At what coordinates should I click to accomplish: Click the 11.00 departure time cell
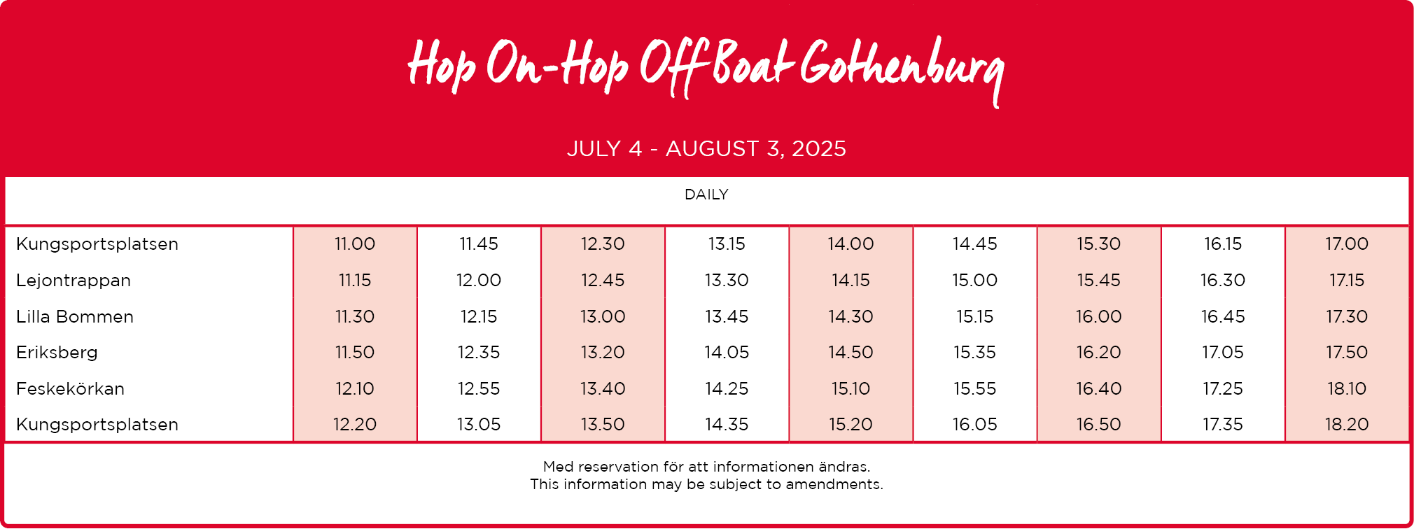pos(355,244)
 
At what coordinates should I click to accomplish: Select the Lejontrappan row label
pos(73,281)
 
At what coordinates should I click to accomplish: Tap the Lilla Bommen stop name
pos(75,317)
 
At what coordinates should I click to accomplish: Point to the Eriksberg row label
pos(57,353)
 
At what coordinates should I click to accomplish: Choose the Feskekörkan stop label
pos(70,389)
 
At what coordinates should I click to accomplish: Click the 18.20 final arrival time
pos(1347,425)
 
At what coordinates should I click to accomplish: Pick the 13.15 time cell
pos(727,244)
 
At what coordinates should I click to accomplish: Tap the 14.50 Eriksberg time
pos(850,353)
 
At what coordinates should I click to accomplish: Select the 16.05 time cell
pos(974,425)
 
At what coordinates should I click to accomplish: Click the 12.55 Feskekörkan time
pos(479,389)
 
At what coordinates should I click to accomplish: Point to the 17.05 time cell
pos(1223,353)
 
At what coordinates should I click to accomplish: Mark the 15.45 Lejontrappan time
pos(1098,281)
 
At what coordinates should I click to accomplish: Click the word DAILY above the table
pos(706,195)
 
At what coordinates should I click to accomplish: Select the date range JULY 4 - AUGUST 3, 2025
pos(706,149)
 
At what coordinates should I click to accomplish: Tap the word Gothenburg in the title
pos(902,69)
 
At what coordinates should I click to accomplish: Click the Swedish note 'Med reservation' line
pos(706,467)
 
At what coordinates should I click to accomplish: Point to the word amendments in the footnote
pos(834,484)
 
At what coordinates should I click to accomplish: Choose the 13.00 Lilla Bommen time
pos(603,317)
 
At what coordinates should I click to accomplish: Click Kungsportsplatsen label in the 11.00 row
pos(97,244)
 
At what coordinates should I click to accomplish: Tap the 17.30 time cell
pos(1347,317)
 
